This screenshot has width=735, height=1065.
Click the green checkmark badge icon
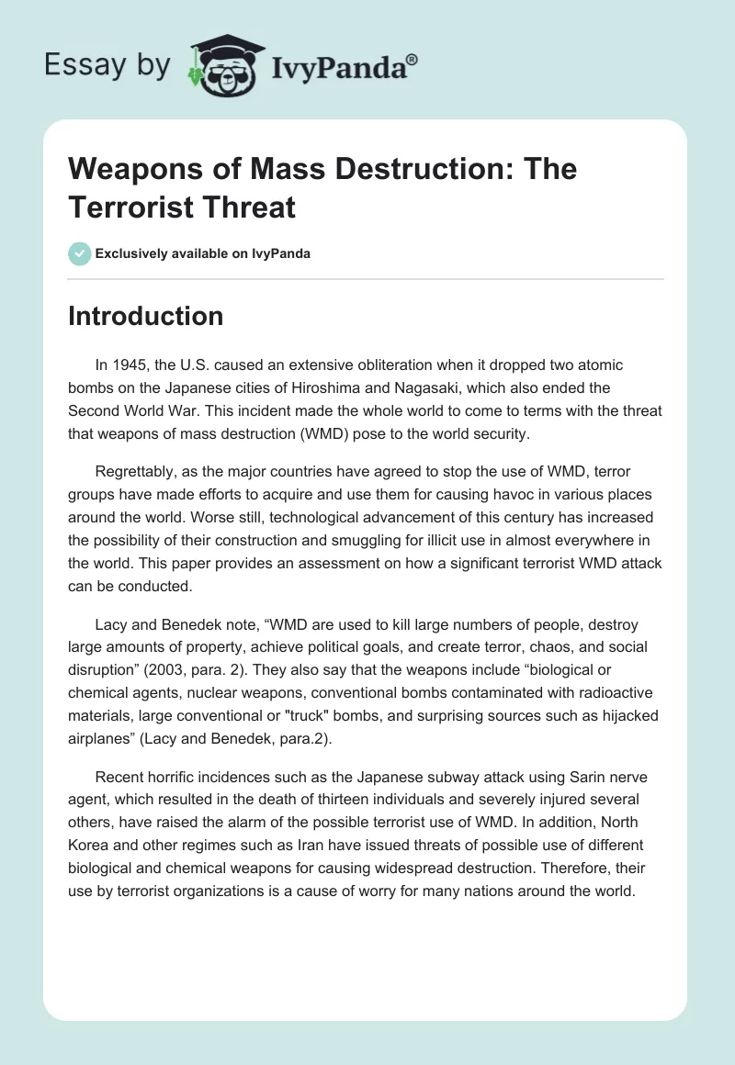(80, 253)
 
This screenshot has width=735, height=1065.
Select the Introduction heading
(145, 316)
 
